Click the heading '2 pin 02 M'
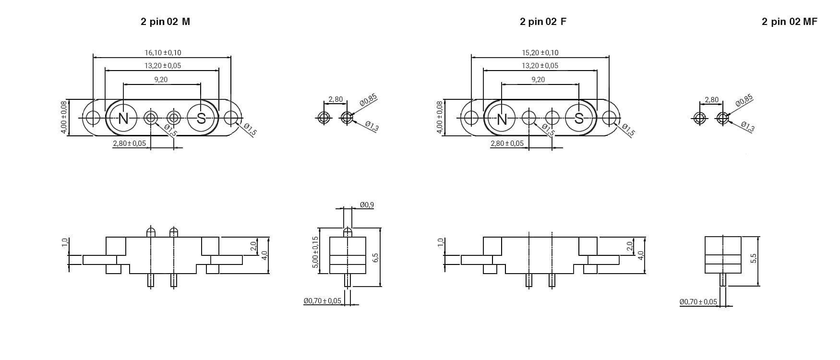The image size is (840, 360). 165,22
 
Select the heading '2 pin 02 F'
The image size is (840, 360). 543,22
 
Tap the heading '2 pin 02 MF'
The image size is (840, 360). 789,22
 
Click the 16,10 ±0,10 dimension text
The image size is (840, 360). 163,53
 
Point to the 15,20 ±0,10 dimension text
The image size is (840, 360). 540,53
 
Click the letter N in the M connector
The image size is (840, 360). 123,119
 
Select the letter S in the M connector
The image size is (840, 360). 201,119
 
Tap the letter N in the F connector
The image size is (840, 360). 502,119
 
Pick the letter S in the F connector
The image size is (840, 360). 579,119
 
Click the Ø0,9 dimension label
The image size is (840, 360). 367,205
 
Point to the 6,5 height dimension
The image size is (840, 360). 375,257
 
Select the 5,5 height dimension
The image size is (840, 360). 754,258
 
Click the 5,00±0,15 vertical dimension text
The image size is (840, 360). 315,252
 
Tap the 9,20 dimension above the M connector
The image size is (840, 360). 161,80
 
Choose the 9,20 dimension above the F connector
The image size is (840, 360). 538,80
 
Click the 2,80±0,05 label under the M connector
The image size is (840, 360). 129,144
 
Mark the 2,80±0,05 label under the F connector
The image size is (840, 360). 507,144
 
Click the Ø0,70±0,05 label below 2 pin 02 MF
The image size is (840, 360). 698,302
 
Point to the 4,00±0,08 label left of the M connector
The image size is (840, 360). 64,118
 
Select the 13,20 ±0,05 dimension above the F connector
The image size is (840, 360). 540,66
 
